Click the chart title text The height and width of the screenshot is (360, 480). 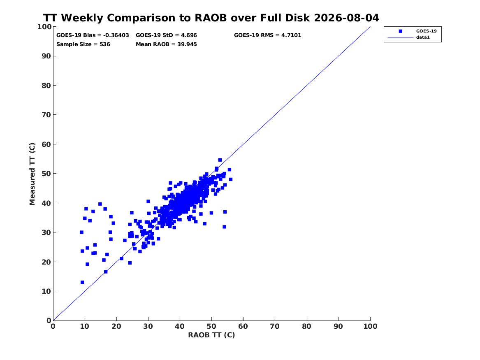click(211, 18)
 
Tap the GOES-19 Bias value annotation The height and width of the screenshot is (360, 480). click(93, 35)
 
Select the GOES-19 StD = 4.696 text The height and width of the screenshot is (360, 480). click(166, 35)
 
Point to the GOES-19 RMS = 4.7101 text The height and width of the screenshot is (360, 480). click(267, 35)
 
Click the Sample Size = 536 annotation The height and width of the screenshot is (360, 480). click(83, 44)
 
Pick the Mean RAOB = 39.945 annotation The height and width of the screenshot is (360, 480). click(166, 44)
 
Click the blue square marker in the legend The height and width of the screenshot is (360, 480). click(400, 31)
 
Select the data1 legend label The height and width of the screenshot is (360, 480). click(423, 37)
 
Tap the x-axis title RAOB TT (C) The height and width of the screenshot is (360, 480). click(211, 335)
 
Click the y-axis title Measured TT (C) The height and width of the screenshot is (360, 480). click(32, 174)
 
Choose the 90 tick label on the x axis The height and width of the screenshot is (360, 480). click(338, 326)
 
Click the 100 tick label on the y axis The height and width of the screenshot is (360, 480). click(44, 27)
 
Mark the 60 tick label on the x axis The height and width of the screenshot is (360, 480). click(243, 326)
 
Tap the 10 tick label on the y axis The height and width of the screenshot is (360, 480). click(46, 291)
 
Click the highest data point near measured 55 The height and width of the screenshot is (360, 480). click(220, 160)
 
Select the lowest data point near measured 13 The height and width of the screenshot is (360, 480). click(82, 282)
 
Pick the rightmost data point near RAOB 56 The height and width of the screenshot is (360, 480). click(230, 179)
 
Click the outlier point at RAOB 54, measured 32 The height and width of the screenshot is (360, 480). click(224, 227)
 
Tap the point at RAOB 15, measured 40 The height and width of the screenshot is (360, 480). click(100, 204)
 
